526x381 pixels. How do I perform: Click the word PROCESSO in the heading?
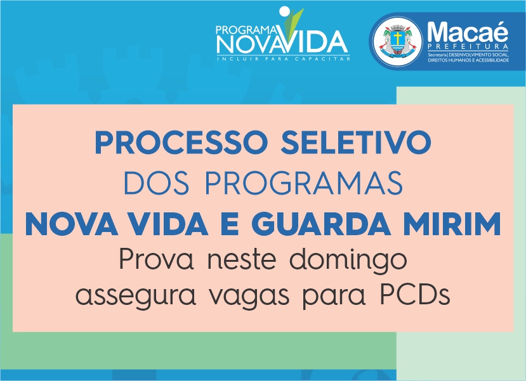pyautogui.click(x=181, y=142)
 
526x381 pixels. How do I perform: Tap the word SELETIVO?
pyautogui.click(x=356, y=142)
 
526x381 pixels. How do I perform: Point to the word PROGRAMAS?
pyautogui.click(x=304, y=183)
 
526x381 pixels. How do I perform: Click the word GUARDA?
pyautogui.click(x=321, y=224)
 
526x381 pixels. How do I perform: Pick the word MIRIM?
pyautogui.click(x=452, y=224)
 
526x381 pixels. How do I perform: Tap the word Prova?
pyautogui.click(x=157, y=259)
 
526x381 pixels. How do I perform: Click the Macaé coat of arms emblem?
pyautogui.click(x=398, y=41)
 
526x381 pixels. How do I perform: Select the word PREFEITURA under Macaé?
pyautogui.click(x=468, y=46)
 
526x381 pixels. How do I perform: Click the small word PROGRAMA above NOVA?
pyautogui.click(x=247, y=30)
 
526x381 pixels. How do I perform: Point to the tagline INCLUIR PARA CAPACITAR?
pyautogui.click(x=284, y=59)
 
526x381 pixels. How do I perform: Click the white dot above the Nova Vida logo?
pyautogui.click(x=284, y=11)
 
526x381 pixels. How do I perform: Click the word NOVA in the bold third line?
pyautogui.click(x=71, y=224)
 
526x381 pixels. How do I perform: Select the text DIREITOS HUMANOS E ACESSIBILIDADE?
pyautogui.click(x=468, y=60)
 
